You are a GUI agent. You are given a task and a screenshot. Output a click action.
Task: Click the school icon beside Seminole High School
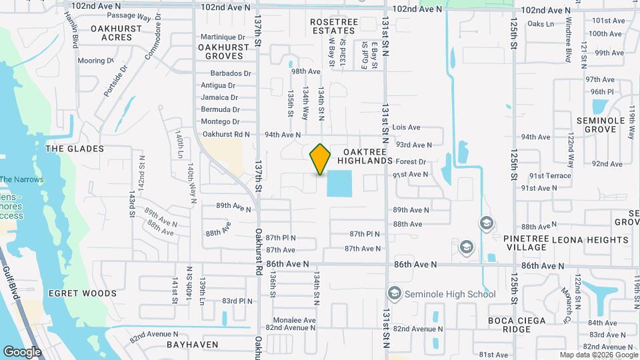point(395,294)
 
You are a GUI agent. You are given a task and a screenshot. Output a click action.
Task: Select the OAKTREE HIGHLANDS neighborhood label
point(364,156)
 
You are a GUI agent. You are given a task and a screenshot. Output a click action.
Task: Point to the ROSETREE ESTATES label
point(333,26)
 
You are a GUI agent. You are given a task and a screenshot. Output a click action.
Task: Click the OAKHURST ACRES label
point(117,33)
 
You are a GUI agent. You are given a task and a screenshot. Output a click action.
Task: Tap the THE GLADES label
point(75,149)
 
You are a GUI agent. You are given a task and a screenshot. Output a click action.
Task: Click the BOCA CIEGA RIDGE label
point(517,325)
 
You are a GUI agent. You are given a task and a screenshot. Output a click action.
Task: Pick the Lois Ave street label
point(407,127)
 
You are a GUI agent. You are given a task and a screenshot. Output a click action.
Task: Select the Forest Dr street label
point(411,162)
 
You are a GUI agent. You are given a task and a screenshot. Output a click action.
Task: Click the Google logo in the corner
point(22,352)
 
